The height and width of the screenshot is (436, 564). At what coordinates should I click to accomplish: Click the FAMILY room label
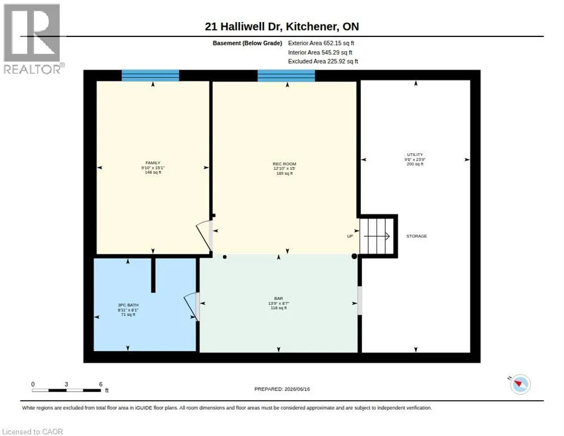[153, 163]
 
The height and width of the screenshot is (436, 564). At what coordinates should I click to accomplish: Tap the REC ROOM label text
[284, 164]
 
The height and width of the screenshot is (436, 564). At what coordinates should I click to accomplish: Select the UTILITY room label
[415, 154]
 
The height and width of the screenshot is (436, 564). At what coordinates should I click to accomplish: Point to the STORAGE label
[416, 236]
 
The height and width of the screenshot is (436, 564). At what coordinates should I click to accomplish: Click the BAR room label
[279, 299]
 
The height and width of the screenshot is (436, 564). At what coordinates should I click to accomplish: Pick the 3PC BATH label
[128, 305]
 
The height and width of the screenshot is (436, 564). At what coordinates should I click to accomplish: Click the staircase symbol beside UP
[376, 236]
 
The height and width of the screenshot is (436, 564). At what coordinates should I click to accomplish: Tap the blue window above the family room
[150, 76]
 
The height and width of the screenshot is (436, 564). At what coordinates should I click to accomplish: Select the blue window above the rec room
[287, 76]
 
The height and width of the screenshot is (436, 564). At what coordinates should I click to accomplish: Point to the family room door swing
[204, 234]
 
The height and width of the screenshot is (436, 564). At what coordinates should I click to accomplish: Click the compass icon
[520, 384]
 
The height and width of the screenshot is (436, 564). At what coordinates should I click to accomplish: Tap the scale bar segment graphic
[66, 390]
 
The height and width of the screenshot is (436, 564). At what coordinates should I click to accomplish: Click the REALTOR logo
[32, 39]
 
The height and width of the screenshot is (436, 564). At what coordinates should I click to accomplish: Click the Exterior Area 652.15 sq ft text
[321, 43]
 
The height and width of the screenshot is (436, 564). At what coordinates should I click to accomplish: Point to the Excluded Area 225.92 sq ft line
[323, 61]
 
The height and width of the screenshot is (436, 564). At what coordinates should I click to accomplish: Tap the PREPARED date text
[282, 389]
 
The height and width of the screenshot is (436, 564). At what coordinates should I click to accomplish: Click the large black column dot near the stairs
[354, 257]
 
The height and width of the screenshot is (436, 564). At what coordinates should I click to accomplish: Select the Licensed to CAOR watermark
[32, 431]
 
